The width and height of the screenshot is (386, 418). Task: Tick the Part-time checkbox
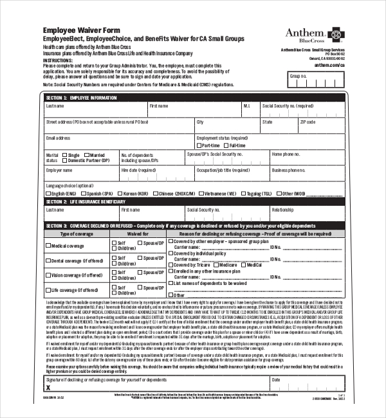click(x=199, y=145)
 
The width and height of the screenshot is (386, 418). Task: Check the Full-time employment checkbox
click(x=227, y=145)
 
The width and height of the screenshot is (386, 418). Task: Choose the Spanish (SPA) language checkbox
click(x=84, y=193)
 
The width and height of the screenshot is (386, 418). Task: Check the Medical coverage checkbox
click(x=48, y=246)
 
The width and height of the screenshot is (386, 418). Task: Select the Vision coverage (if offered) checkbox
click(x=48, y=275)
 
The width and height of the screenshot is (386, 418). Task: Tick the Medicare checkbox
click(x=243, y=265)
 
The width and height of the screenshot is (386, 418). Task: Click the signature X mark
click(x=48, y=388)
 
